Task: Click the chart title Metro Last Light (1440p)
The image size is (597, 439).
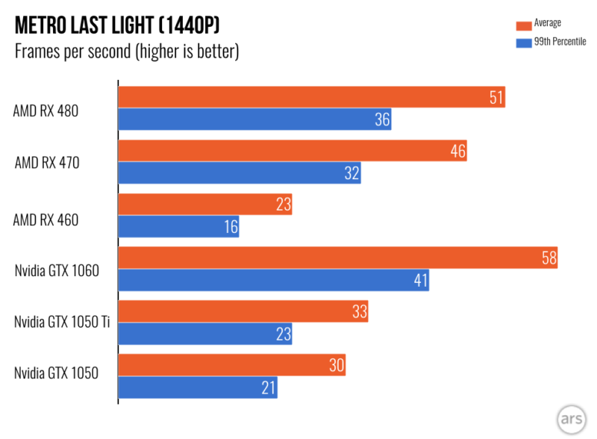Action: pos(118,27)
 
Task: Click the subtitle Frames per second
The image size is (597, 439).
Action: pos(127,52)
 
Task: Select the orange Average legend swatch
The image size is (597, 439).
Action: pos(521,24)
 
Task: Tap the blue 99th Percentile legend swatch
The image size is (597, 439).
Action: pos(521,42)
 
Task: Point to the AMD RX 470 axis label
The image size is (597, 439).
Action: pos(46,164)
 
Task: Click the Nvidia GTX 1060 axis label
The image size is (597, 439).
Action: pos(57,270)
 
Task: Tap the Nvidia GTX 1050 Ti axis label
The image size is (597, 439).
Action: pos(61,323)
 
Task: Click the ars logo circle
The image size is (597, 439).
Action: pos(569,415)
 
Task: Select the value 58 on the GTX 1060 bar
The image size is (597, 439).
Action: pos(548,258)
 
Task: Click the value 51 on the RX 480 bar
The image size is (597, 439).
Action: pos(496,97)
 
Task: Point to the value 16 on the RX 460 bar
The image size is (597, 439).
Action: pos(229,227)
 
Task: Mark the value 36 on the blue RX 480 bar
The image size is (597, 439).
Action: pos(382,119)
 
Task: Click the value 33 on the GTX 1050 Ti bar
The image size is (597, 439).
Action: pos(359,312)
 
